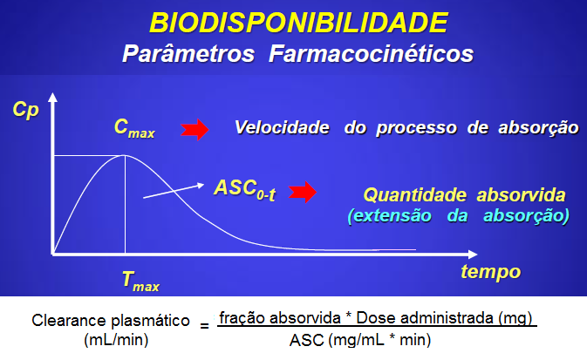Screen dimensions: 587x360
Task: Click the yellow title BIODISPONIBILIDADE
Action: point(298,23)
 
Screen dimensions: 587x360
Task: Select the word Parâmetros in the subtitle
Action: point(188,53)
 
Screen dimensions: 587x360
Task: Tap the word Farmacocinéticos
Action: point(371,53)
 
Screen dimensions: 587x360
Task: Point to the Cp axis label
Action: point(26,111)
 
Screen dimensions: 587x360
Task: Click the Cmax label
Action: point(134,128)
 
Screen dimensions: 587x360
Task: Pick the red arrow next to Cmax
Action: point(195,130)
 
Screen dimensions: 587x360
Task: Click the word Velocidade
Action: point(282,127)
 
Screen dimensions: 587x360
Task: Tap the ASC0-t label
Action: point(245,190)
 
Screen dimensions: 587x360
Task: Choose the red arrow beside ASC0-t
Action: point(303,193)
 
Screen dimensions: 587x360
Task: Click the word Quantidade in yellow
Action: point(415,195)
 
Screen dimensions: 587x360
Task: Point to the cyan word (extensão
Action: point(389,216)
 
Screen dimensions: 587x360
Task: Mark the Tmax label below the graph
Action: point(140,282)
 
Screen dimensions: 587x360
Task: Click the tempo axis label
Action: point(491,272)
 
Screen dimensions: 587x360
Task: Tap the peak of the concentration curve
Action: point(125,155)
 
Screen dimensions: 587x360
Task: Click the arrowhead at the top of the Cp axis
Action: point(53,97)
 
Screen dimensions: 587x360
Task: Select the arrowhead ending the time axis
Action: point(473,255)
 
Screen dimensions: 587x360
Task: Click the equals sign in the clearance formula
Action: point(204,326)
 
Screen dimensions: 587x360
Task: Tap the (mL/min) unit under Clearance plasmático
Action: point(116,340)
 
